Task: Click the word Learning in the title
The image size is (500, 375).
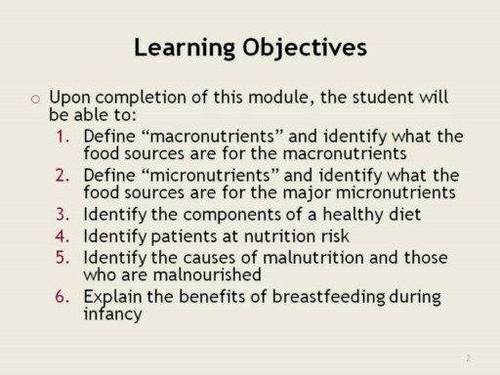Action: pyautogui.click(x=185, y=48)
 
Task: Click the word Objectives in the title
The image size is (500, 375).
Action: pyautogui.click(x=305, y=48)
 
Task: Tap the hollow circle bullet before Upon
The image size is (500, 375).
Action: pyautogui.click(x=35, y=99)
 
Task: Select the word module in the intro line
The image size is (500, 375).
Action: pyautogui.click(x=278, y=97)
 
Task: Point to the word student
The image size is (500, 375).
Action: pyautogui.click(x=383, y=97)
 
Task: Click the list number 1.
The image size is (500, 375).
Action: pyautogui.click(x=62, y=136)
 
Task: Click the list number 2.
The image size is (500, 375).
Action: pyautogui.click(x=62, y=175)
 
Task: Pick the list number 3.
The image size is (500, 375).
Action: pyautogui.click(x=62, y=214)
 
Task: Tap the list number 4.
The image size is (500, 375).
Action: pyautogui.click(x=62, y=236)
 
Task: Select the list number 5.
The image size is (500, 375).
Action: pyautogui.click(x=62, y=258)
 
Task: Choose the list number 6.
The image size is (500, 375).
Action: pyautogui.click(x=62, y=297)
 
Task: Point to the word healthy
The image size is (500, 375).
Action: pyautogui.click(x=354, y=214)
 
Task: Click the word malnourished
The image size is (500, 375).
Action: pyautogui.click(x=207, y=274)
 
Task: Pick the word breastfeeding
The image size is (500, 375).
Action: pyautogui.click(x=328, y=297)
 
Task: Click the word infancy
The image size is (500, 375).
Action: pyautogui.click(x=112, y=314)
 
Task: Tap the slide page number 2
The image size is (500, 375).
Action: pyautogui.click(x=468, y=358)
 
